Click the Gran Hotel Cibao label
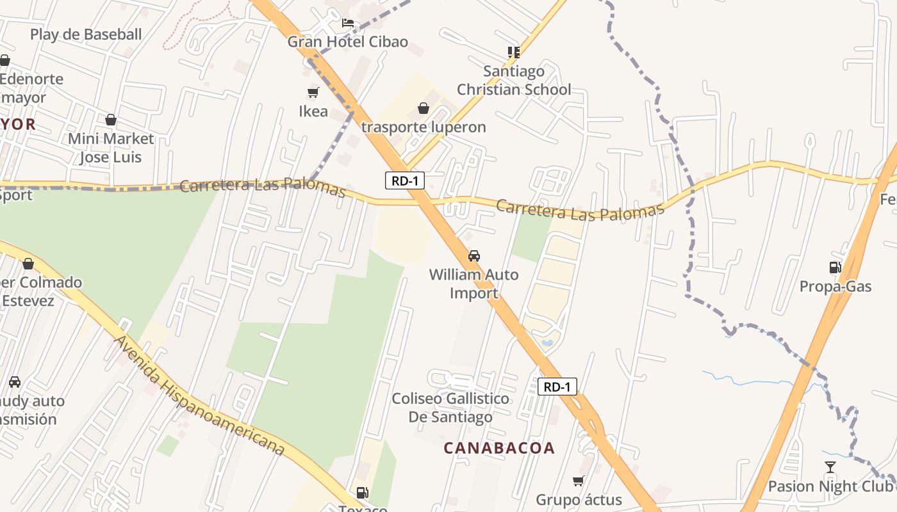pos(347,42)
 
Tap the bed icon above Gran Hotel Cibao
pos(347,23)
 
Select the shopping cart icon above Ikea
pos(313,93)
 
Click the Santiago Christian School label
pos(514,80)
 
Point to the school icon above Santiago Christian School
pos(513,52)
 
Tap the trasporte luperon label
pos(424,127)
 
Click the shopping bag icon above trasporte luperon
pos(423,108)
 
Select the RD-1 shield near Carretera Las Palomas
pos(405,180)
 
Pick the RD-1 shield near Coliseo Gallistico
pos(557,387)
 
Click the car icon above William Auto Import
pos(474,256)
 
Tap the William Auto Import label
pos(474,284)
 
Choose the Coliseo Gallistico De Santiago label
pos(451,408)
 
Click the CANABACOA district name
pos(499,448)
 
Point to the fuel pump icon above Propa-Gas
pos(835,268)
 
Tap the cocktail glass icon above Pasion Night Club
pos(830,467)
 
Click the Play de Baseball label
pos(86,35)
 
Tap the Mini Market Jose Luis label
pos(111,148)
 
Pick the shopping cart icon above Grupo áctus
pos(579,481)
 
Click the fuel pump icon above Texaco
pos(363,493)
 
